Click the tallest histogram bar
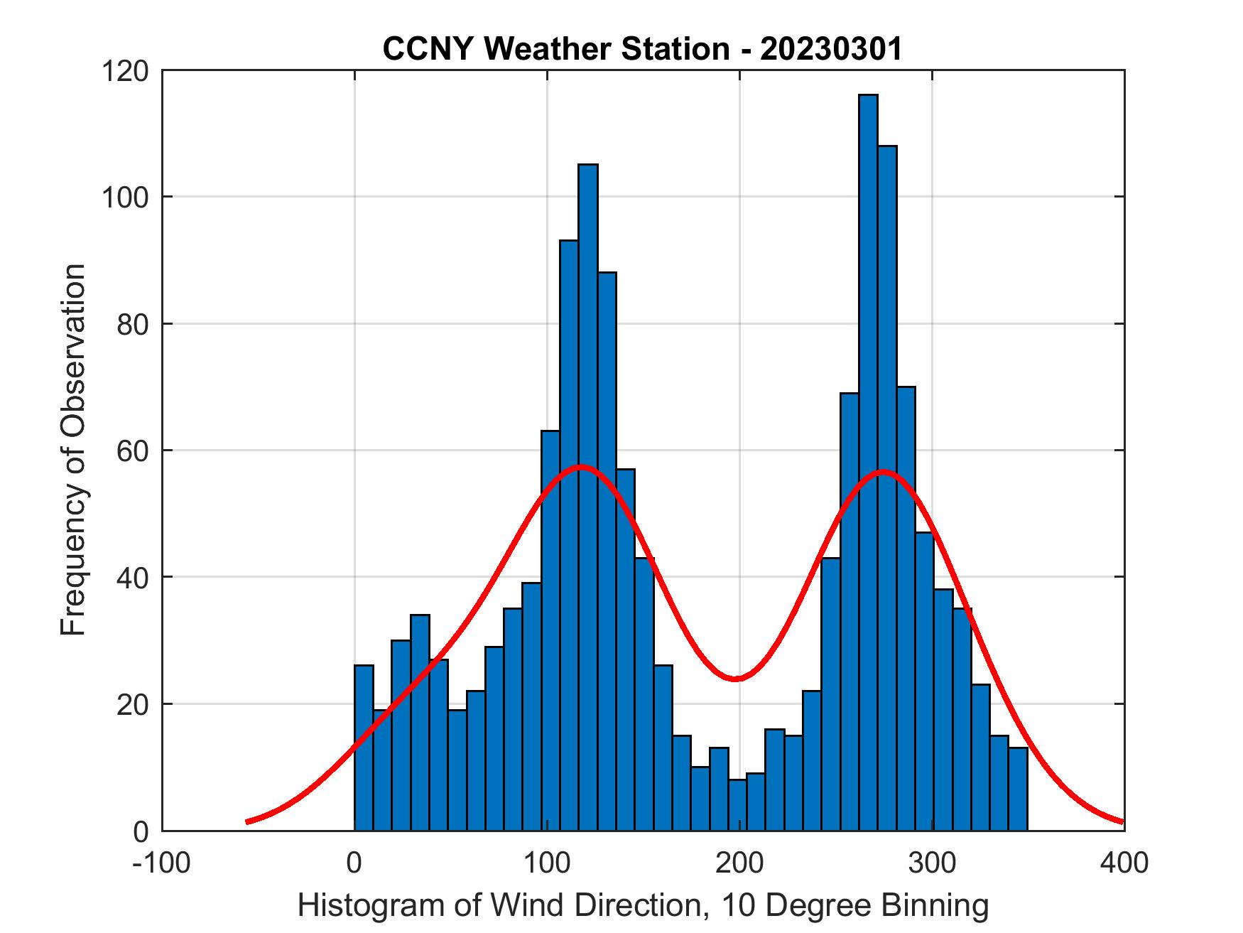click(868, 462)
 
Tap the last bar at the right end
click(1018, 789)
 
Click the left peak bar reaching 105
click(588, 497)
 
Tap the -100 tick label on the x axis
click(163, 863)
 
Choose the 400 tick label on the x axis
click(1124, 863)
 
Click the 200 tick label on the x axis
click(739, 863)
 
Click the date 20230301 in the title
click(830, 48)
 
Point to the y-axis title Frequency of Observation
click(73, 451)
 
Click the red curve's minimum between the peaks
click(737, 679)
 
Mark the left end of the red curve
click(247, 821)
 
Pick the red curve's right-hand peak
click(883, 471)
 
